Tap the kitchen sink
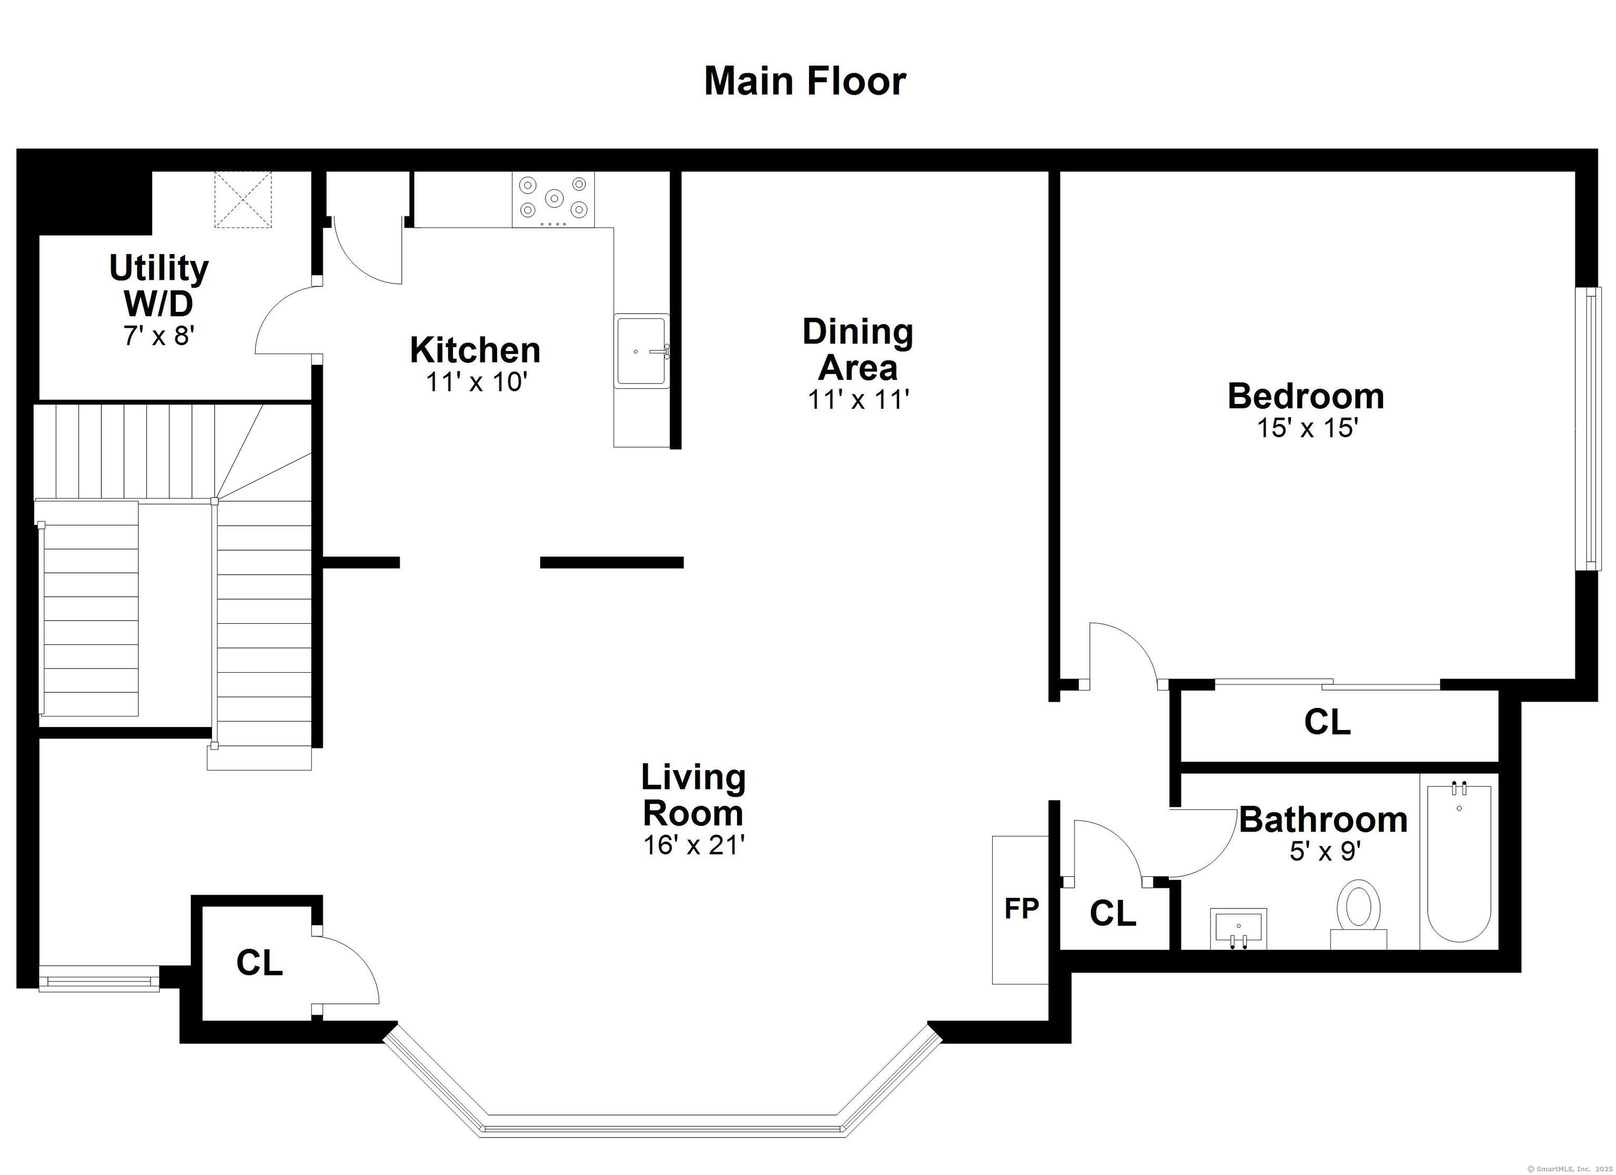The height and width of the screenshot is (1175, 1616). pos(641,351)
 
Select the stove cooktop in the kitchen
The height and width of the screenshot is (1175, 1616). pos(553,199)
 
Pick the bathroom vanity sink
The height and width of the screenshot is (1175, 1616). pos(1238,928)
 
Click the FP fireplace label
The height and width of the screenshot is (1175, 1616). pos(1021,908)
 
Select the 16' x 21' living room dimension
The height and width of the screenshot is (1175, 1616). pos(693,845)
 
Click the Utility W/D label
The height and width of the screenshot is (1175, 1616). pos(158,286)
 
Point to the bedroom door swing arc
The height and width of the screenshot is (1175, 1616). pos(1133,645)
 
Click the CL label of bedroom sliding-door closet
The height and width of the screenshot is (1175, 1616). pos(1327,722)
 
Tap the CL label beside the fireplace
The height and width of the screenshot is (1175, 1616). pos(1112,914)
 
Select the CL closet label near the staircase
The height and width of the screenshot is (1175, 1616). pos(259,964)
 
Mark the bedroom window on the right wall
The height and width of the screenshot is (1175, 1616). pos(1590,428)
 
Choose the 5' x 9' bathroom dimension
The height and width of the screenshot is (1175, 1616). pos(1325,852)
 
